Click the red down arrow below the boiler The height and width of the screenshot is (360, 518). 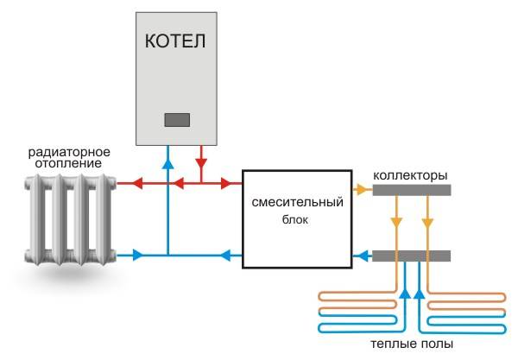tap(201, 161)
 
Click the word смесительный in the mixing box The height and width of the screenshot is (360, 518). tap(297, 202)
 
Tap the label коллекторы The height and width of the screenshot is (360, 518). tap(409, 175)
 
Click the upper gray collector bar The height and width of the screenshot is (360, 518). tap(411, 189)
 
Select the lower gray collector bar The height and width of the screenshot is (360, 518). tap(411, 256)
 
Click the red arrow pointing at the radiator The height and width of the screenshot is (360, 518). tap(123, 183)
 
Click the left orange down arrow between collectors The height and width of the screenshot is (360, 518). tap(396, 223)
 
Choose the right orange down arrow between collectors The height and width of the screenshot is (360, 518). tap(426, 223)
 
